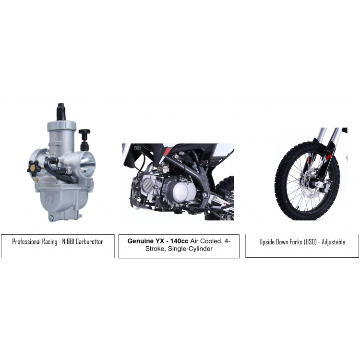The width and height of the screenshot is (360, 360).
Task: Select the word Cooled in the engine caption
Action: pos(210,241)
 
